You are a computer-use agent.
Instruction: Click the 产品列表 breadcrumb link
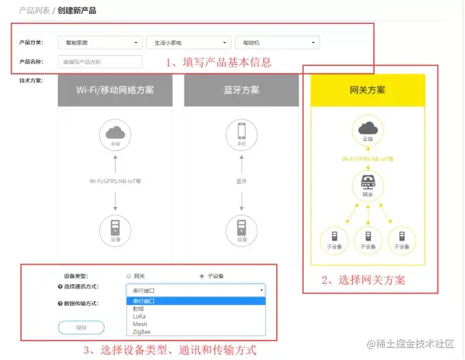(34, 11)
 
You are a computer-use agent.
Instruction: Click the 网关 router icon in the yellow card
(367, 182)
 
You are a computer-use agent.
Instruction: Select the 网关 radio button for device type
(129, 276)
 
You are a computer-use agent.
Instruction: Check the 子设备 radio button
(202, 276)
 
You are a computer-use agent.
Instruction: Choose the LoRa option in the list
(139, 316)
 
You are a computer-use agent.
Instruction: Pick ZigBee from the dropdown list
(141, 333)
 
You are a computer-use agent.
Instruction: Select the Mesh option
(140, 325)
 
